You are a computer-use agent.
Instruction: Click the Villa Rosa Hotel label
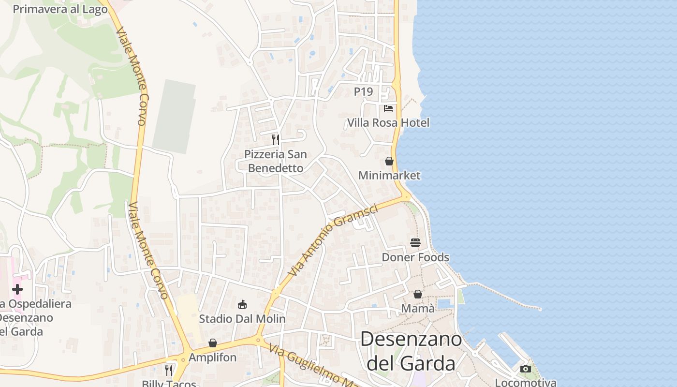tap(388, 123)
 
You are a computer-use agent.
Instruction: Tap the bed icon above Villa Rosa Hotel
tap(388, 108)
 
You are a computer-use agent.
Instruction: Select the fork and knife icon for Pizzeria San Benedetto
tap(276, 140)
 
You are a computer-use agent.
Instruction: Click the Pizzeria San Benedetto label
tap(275, 161)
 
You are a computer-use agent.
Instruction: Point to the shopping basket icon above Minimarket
tap(389, 161)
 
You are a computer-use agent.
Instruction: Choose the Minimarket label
tap(389, 176)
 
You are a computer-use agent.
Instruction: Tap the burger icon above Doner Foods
tap(415, 242)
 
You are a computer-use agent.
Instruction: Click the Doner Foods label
tap(415, 257)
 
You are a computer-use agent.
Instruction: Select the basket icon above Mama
tap(418, 294)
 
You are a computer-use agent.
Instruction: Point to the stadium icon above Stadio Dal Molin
tap(242, 304)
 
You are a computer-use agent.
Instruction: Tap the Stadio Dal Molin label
tap(242, 319)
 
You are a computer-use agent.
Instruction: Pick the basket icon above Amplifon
tap(213, 343)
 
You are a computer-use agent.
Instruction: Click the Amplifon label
tap(213, 357)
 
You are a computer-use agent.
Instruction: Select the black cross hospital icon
tap(17, 289)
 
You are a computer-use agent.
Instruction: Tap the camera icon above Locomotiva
tap(526, 369)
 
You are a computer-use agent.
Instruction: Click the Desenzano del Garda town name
tap(411, 351)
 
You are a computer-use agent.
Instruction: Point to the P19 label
tap(364, 91)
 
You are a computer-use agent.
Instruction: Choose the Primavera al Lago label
tap(60, 9)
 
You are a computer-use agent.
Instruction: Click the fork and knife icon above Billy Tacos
tap(169, 370)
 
